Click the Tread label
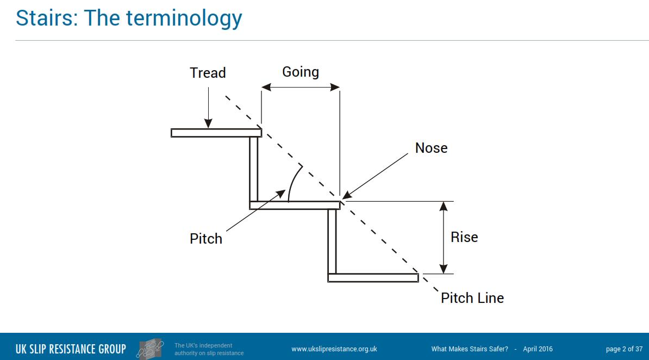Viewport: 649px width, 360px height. pyautogui.click(x=208, y=73)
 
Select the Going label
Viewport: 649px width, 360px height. pyautogui.click(x=301, y=72)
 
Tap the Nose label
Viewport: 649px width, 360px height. pyautogui.click(x=431, y=148)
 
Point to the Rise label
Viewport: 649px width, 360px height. pyautogui.click(x=464, y=237)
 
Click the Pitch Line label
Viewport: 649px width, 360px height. pyautogui.click(x=472, y=298)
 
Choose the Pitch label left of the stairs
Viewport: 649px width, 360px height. pyautogui.click(x=206, y=239)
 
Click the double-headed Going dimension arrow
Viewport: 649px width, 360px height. pyautogui.click(x=301, y=87)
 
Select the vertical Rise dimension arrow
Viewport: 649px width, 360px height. pyautogui.click(x=444, y=238)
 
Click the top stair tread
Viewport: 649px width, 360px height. pyautogui.click(x=216, y=133)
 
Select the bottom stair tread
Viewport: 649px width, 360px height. pyautogui.click(x=373, y=278)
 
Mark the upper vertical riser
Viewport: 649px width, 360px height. pyautogui.click(x=253, y=169)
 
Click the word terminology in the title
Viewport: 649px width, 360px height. pyautogui.click(x=184, y=18)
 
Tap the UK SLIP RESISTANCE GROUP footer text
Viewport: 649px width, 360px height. pyautogui.click(x=71, y=349)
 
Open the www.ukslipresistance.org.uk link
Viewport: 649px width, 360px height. pyautogui.click(x=334, y=349)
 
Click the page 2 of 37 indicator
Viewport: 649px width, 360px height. pyautogui.click(x=623, y=349)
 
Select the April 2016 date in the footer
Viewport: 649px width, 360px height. pyautogui.click(x=538, y=349)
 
